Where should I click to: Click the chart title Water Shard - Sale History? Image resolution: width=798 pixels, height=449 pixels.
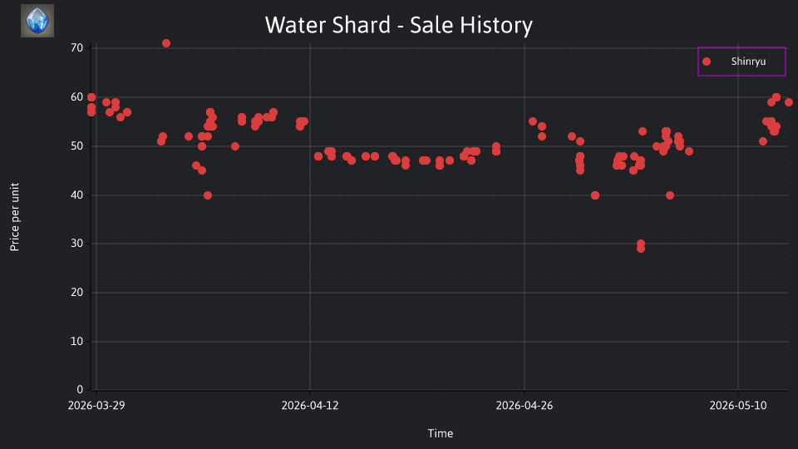tap(398, 25)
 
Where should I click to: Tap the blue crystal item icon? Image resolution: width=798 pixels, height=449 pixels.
tap(37, 21)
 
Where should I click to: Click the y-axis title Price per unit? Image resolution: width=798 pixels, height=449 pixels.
tap(15, 217)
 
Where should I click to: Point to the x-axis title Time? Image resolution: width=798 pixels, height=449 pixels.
tap(441, 433)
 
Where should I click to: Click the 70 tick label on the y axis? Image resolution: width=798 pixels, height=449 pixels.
tap(76, 48)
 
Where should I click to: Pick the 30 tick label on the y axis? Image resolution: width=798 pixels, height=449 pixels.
tap(76, 244)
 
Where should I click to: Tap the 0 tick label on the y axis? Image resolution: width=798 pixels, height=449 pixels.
tap(80, 389)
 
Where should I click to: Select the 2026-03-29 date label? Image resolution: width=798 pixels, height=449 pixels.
tap(96, 405)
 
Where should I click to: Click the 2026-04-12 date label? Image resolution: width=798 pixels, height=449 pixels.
tap(310, 405)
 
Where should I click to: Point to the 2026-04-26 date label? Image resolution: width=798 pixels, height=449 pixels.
tap(525, 405)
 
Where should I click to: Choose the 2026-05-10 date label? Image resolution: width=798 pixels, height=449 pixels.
tap(738, 405)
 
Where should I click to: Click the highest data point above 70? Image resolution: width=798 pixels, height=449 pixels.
tap(166, 43)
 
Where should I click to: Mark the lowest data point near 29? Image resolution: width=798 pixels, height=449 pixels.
tap(641, 249)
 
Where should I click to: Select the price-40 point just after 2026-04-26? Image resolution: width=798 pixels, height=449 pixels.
tap(595, 195)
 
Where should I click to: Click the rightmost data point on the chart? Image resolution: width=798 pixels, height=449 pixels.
tap(788, 102)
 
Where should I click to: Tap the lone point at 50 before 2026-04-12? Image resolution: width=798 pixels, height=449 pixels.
tap(235, 146)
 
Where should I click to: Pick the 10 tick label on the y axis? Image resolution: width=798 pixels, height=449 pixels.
tap(76, 341)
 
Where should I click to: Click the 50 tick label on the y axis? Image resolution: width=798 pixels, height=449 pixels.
tap(76, 146)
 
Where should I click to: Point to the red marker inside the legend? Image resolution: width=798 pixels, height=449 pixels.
tap(707, 62)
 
